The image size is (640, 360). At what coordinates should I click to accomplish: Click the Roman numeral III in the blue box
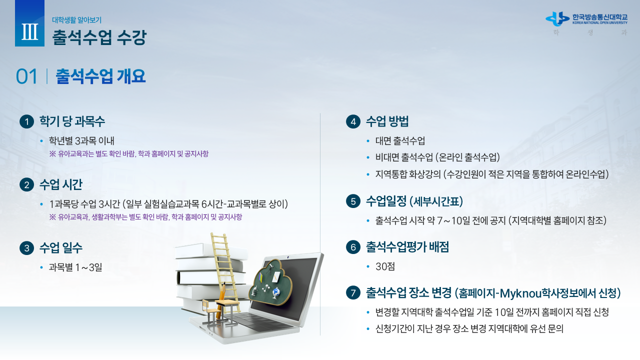click(x=29, y=31)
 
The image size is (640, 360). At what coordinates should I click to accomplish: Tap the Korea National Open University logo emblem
click(x=557, y=19)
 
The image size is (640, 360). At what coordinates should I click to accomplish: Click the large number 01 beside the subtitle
click(x=26, y=76)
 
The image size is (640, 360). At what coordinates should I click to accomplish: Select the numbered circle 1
click(x=27, y=121)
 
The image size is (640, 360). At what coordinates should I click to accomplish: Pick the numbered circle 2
click(x=27, y=185)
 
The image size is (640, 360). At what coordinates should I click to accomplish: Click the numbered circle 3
click(x=27, y=247)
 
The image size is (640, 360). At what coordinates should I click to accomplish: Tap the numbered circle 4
click(x=353, y=121)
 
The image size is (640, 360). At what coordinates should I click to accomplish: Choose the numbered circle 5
click(x=353, y=201)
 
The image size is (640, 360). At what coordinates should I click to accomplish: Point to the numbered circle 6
click(x=353, y=247)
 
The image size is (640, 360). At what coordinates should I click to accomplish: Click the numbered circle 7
click(x=353, y=293)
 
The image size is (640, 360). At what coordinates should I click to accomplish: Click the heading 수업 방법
click(x=387, y=121)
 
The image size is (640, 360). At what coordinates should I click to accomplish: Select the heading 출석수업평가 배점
click(x=407, y=247)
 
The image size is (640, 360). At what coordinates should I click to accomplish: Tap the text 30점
click(x=385, y=266)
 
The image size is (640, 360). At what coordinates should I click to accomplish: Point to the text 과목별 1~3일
click(x=75, y=267)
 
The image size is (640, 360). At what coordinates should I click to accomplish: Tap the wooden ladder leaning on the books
click(x=225, y=271)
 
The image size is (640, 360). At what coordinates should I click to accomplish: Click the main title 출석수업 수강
click(x=99, y=37)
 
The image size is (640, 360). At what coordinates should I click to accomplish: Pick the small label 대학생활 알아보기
click(x=77, y=20)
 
